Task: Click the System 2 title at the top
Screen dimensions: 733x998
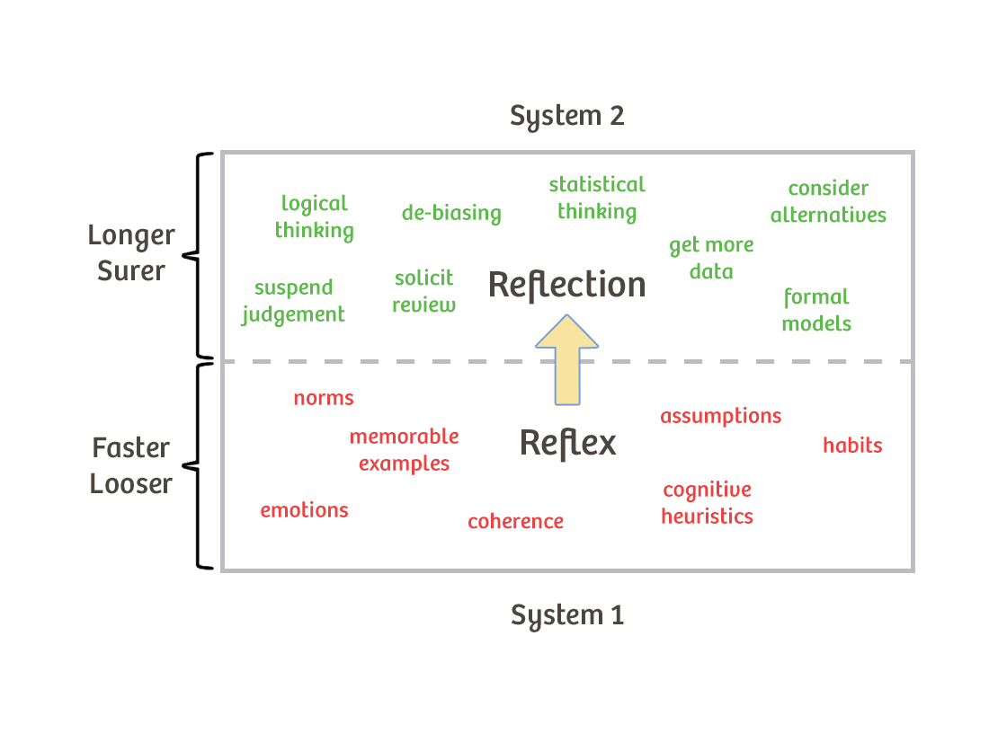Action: (x=566, y=116)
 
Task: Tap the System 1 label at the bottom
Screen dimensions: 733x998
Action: (x=566, y=615)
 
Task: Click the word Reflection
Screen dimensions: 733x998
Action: (x=566, y=285)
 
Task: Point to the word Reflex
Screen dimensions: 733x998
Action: (x=568, y=443)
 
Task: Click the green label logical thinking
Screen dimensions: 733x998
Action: (x=314, y=216)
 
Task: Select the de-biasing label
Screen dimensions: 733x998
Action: (x=451, y=213)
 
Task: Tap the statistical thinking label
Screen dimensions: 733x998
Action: (x=597, y=198)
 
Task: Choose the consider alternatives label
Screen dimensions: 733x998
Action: (x=828, y=201)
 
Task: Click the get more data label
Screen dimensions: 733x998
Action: (x=711, y=258)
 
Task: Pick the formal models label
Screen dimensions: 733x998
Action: (x=816, y=310)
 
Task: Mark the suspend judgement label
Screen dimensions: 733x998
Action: (x=293, y=301)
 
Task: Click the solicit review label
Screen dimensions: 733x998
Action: (x=423, y=291)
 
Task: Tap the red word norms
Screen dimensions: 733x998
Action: (x=324, y=398)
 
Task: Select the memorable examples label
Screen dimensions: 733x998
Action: (x=404, y=450)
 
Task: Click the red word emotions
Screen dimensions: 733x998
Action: (x=304, y=510)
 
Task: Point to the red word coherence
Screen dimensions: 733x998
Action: (x=515, y=521)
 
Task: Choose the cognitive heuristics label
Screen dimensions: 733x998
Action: (x=707, y=503)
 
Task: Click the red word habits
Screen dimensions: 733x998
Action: (x=852, y=445)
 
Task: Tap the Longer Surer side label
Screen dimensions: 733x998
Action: (x=131, y=252)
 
